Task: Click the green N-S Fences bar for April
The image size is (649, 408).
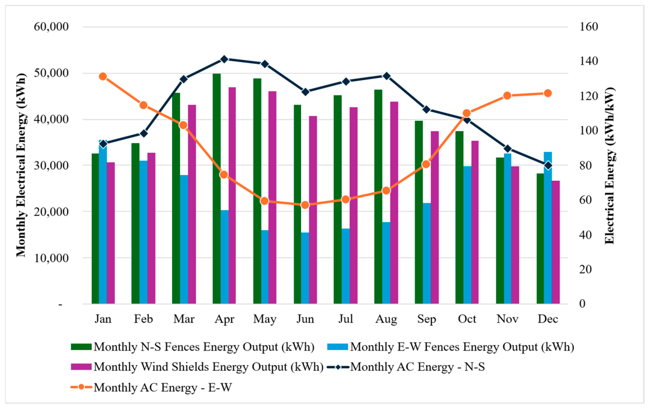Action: click(x=217, y=189)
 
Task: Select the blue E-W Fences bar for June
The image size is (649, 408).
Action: click(x=305, y=268)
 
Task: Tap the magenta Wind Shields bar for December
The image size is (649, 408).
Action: click(x=556, y=242)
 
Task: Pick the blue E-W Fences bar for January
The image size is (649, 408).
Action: click(x=103, y=222)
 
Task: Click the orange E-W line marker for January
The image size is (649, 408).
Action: click(x=103, y=77)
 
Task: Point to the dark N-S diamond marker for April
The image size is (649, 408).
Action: click(x=224, y=59)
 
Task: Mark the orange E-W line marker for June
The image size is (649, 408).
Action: click(x=305, y=205)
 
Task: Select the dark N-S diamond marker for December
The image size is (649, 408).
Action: click(x=548, y=166)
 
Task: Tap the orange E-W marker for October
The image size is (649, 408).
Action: click(x=466, y=113)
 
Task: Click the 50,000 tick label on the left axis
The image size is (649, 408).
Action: click(x=51, y=73)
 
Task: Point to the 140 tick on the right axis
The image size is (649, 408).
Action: click(x=588, y=61)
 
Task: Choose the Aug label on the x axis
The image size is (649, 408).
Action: click(x=386, y=319)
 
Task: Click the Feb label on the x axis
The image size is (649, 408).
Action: click(x=143, y=319)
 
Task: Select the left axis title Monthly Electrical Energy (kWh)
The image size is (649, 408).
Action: click(x=21, y=165)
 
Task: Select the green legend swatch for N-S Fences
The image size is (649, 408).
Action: click(x=81, y=347)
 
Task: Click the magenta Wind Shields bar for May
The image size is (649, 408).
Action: click(x=272, y=197)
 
